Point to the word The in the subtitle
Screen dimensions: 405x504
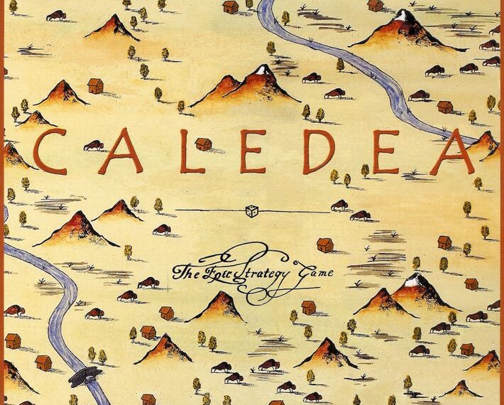tap(187, 271)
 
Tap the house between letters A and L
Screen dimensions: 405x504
tap(204, 144)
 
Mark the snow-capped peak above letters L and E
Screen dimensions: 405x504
tap(262, 70)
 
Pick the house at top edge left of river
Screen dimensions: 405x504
tap(230, 7)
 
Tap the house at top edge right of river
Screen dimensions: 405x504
tap(376, 5)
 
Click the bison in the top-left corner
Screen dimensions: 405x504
tap(56, 16)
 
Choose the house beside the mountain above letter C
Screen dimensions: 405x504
tap(95, 86)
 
